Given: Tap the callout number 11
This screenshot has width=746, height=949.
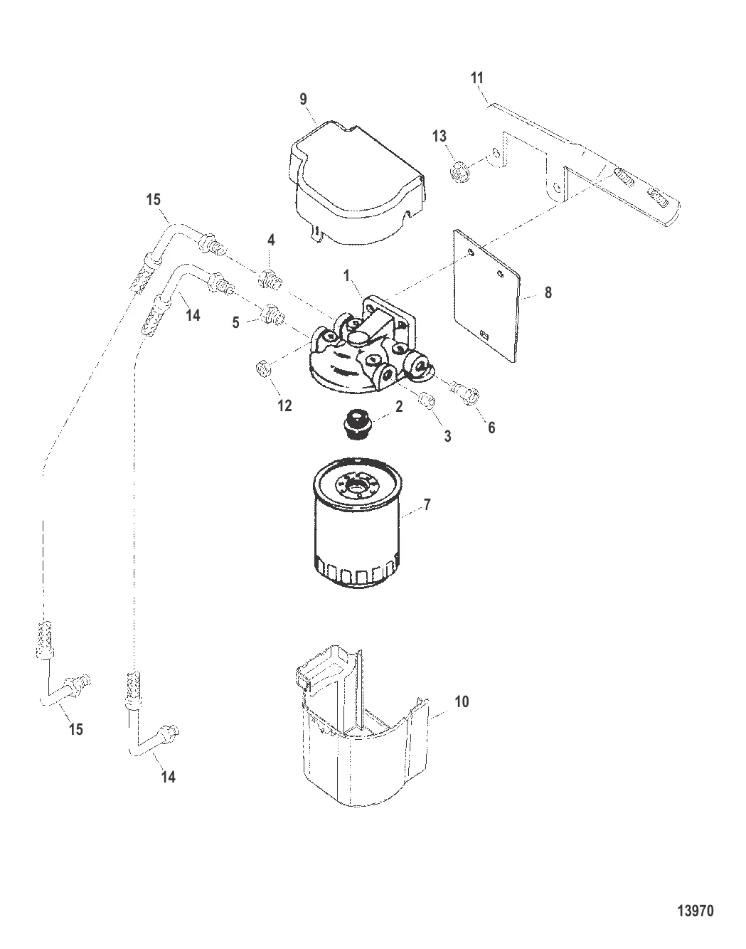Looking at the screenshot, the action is tap(477, 78).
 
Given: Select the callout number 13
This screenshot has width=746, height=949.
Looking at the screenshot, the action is tap(439, 137).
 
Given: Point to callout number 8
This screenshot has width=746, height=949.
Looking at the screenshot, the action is tap(548, 292).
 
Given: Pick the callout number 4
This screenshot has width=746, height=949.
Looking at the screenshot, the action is tap(271, 240).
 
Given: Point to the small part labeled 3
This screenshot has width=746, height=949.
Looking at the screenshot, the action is tap(427, 401).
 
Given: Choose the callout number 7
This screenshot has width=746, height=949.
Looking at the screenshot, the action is tap(427, 505).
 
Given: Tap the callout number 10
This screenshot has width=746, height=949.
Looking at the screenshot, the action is tap(462, 701).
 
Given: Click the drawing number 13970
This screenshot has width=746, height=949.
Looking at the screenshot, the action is tap(696, 910).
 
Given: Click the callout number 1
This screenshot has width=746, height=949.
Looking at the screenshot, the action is tap(346, 276).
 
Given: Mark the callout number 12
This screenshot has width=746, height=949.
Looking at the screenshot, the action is tap(284, 405).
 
